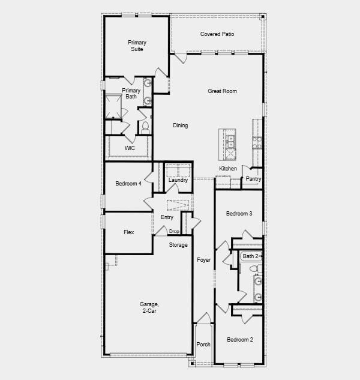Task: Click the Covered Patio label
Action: [217, 34]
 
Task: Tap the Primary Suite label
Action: [137, 46]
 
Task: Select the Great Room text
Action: [222, 91]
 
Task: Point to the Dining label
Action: [180, 125]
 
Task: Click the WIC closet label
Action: [130, 148]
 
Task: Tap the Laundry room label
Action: [178, 180]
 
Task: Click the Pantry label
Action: [253, 179]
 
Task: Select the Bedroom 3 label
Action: [239, 214]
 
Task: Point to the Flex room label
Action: [128, 232]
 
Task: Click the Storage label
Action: [178, 245]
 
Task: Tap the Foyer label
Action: [203, 260]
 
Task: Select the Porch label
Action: [203, 345]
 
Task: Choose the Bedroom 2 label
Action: [239, 340]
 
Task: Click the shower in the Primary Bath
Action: [113, 107]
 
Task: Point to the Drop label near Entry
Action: [174, 231]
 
